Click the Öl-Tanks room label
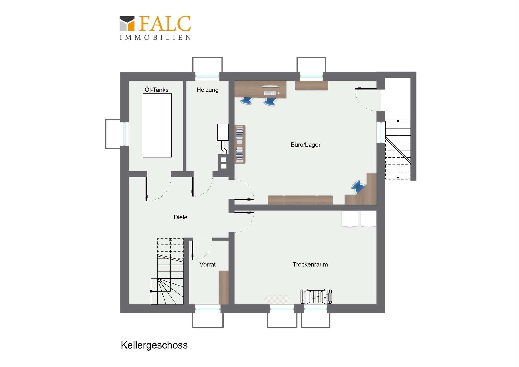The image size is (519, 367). [157, 90]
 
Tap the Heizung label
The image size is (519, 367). [208, 90]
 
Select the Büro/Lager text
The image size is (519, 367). [305, 145]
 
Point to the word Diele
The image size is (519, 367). [181, 217]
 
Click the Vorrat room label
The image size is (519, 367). [208, 264]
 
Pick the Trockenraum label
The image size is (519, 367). [310, 264]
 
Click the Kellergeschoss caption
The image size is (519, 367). [154, 345]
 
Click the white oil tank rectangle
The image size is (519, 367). [157, 125]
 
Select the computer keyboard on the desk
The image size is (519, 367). [270, 93]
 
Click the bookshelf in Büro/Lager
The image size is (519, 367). [240, 144]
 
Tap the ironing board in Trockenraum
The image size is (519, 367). [277, 299]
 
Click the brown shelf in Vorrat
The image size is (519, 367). [224, 287]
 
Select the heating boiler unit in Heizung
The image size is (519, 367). [223, 132]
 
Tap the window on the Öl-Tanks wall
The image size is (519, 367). [124, 134]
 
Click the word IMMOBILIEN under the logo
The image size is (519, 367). [155, 38]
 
